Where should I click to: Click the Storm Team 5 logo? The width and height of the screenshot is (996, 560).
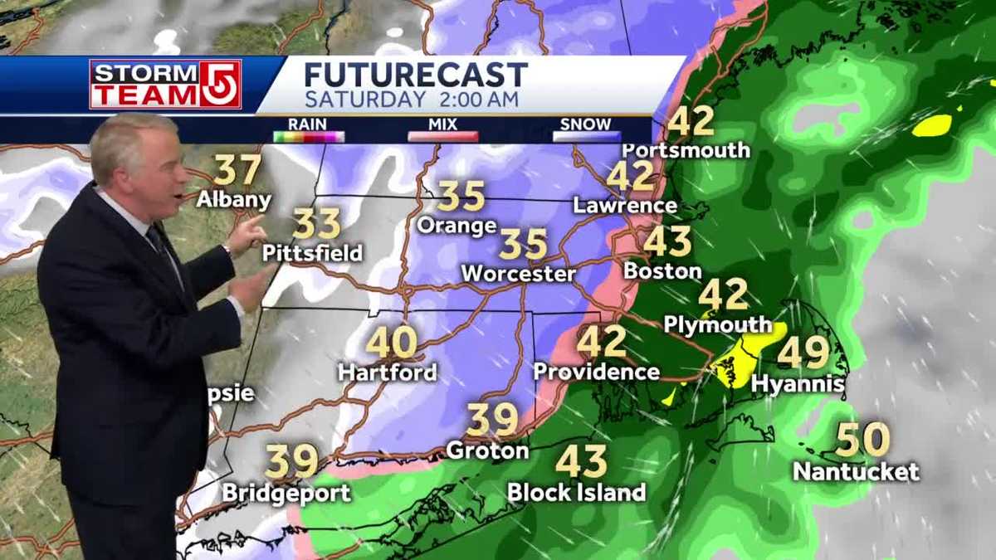165,84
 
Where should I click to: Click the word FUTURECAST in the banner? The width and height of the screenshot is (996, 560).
415,75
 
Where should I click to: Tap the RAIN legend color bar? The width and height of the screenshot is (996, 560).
309,136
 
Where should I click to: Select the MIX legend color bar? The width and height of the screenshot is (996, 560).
443,136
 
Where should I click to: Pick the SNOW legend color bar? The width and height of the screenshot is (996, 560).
586,136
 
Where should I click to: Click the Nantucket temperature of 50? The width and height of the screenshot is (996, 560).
862,440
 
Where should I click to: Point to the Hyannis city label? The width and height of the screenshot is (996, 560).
798,384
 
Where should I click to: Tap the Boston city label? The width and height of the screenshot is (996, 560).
662,270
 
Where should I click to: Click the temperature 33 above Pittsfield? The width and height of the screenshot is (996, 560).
316,224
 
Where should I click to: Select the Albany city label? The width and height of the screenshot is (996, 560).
234,200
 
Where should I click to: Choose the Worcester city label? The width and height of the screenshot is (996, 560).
518,273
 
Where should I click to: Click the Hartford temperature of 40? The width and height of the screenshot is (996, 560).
391,342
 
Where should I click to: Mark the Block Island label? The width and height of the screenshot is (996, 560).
576,492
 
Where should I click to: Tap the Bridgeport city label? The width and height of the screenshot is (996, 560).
286,493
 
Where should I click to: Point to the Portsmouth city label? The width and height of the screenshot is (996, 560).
686,150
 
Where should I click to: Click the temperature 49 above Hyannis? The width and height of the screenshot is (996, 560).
803,353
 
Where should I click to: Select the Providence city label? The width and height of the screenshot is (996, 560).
596,371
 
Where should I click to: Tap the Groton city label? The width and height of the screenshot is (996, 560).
487,450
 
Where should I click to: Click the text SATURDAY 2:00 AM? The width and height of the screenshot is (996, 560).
412,100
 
